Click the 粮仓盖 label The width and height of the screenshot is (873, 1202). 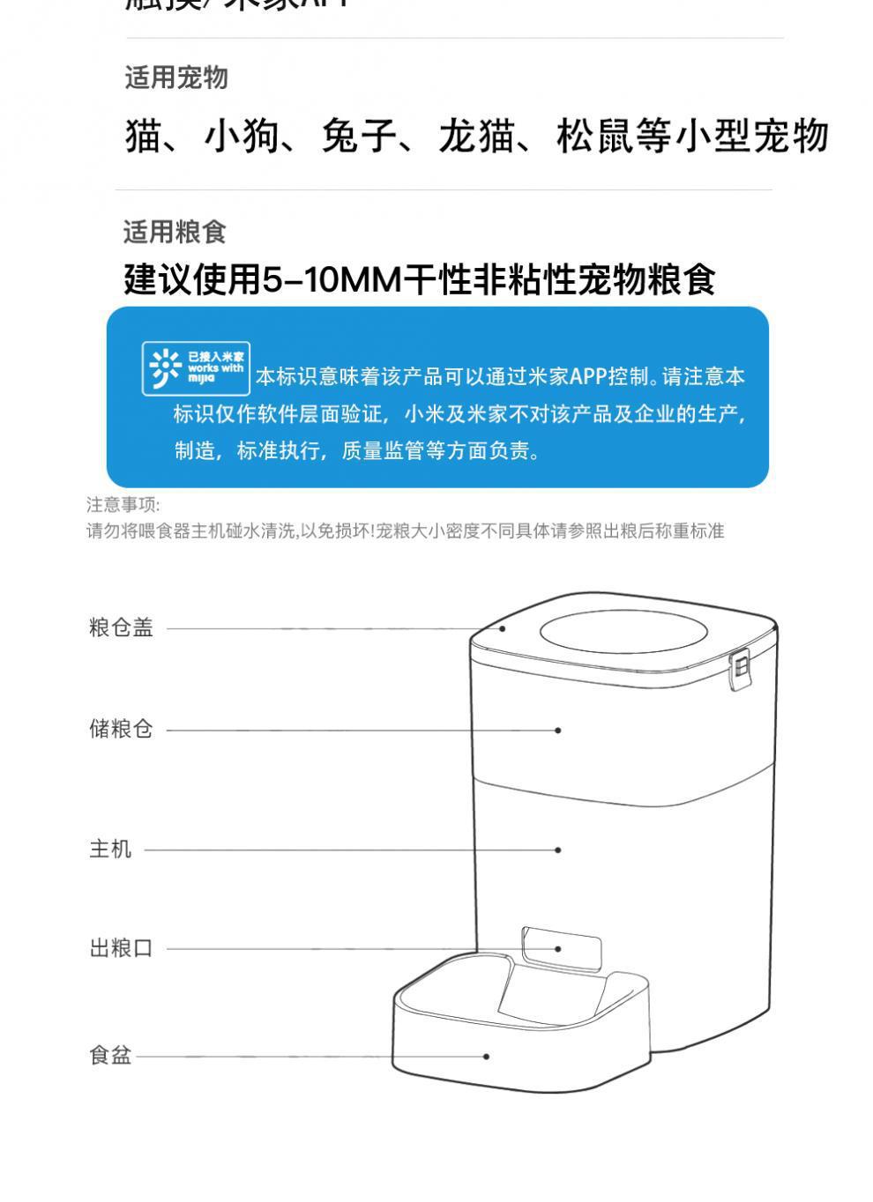click(x=121, y=627)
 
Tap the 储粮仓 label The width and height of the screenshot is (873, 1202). click(x=121, y=729)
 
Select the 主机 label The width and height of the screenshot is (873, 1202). click(x=110, y=849)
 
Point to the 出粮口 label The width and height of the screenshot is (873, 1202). click(x=121, y=948)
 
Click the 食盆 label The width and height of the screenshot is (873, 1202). click(x=110, y=1055)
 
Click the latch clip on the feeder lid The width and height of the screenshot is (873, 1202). click(x=741, y=670)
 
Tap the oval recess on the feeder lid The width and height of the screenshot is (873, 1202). click(x=623, y=631)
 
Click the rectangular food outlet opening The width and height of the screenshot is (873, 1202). click(x=562, y=946)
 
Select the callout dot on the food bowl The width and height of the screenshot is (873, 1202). click(x=486, y=1056)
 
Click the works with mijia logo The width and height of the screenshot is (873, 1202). click(x=196, y=367)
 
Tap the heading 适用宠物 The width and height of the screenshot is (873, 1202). click(x=175, y=78)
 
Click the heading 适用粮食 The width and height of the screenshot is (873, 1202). click(x=175, y=232)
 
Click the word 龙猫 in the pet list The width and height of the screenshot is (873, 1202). click(x=476, y=137)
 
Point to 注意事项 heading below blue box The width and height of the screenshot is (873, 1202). click(x=122, y=504)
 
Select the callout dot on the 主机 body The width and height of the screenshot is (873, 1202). click(x=558, y=850)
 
